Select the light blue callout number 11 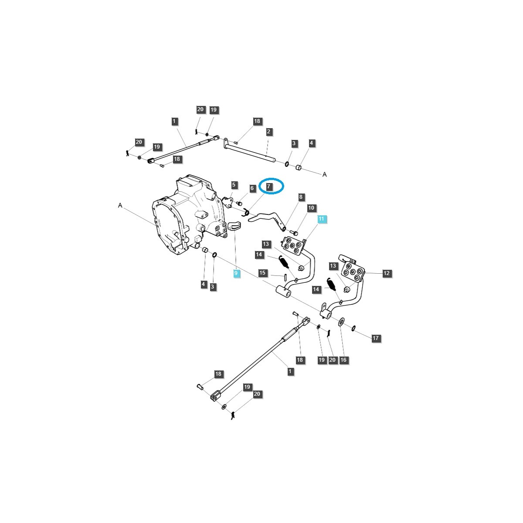[x=321, y=219]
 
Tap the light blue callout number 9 [x=236, y=273]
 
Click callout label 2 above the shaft [x=268, y=131]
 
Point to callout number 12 [x=387, y=273]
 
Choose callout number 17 [x=376, y=338]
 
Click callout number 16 [x=343, y=360]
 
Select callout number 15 [x=262, y=273]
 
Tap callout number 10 [x=311, y=208]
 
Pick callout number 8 [x=300, y=197]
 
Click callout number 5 [x=234, y=185]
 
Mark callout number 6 [x=252, y=188]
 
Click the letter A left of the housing [x=120, y=205]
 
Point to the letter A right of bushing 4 [x=324, y=174]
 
